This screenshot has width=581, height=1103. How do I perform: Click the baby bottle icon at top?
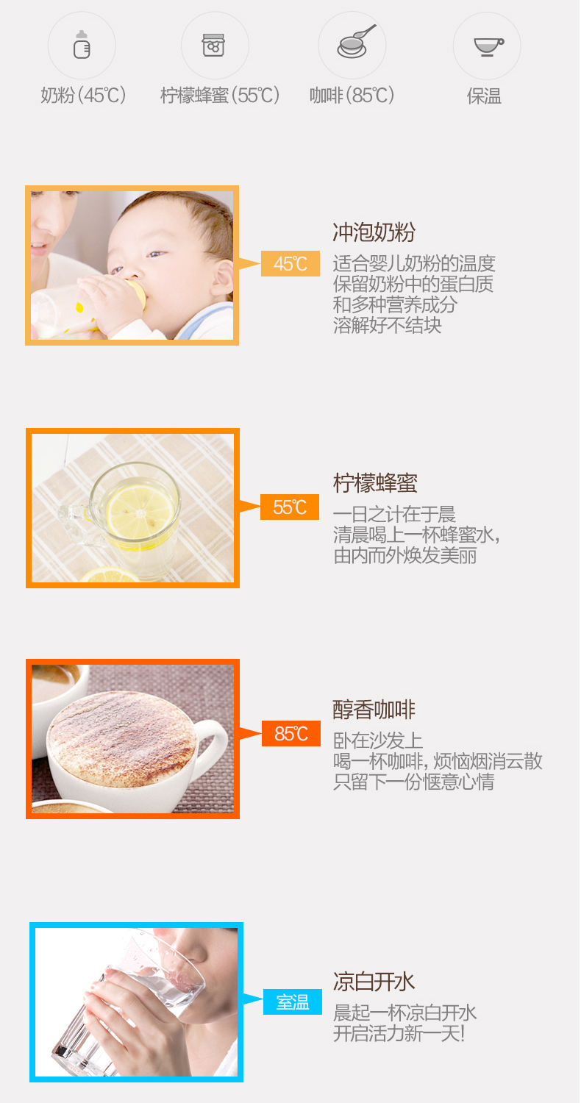click(82, 45)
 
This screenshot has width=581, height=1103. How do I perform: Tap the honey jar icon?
click(214, 46)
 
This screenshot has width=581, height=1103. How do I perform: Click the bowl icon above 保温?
click(488, 47)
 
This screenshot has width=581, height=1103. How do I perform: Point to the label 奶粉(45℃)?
click(83, 95)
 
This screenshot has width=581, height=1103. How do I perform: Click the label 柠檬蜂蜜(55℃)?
click(220, 95)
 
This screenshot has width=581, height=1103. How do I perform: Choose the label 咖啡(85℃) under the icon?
click(352, 95)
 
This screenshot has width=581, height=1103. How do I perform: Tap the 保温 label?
click(485, 96)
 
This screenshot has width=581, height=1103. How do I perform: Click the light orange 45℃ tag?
click(290, 263)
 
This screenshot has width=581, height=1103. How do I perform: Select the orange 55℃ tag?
click(290, 507)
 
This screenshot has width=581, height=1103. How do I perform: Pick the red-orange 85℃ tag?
click(291, 734)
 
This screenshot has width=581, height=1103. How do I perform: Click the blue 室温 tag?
click(293, 1002)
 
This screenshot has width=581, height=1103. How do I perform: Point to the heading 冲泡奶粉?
click(374, 232)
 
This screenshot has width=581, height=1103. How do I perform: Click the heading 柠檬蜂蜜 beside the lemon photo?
click(375, 483)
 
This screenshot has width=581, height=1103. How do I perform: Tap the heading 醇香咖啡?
click(374, 710)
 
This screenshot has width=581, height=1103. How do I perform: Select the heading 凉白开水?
click(374, 982)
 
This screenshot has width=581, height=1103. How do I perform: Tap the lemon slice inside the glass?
click(140, 513)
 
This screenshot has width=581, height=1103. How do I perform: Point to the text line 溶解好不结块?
click(388, 325)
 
